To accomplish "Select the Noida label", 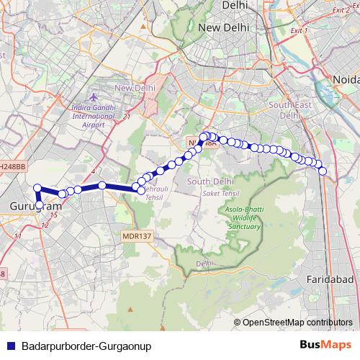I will click(x=345, y=78).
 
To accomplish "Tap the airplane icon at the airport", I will click(x=93, y=97).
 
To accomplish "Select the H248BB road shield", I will click(x=12, y=166).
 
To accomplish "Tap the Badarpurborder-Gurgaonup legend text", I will click(x=86, y=346).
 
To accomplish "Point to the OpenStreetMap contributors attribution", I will click(x=297, y=322).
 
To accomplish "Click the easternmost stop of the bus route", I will click(x=323, y=171).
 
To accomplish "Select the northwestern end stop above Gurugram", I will click(x=37, y=189).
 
